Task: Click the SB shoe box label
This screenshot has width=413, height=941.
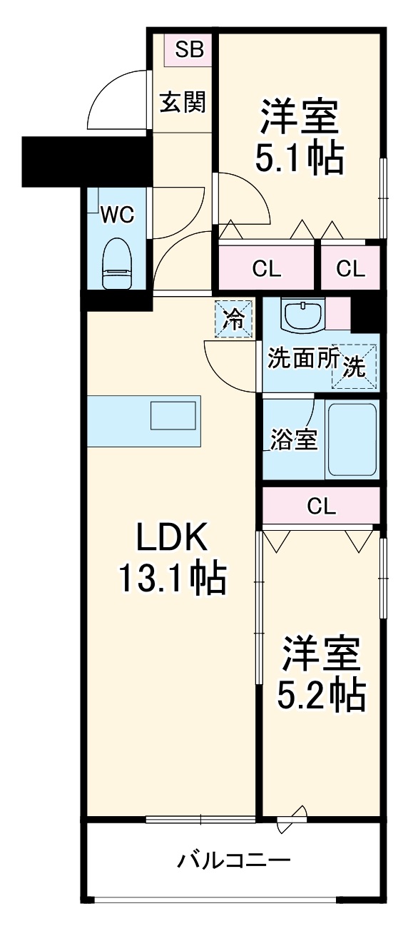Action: point(190,49)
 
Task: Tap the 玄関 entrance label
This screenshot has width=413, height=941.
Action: point(183,103)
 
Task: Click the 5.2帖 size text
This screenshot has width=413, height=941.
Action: point(321,693)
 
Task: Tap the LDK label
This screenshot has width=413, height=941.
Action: point(171,539)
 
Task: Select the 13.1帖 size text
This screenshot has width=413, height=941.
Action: point(171,579)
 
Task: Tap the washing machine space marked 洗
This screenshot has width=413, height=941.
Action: point(355,366)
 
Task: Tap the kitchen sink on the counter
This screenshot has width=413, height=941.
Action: point(173,416)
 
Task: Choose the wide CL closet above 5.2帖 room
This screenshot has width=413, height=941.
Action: point(321,506)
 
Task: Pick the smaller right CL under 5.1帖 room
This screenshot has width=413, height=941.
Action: point(350,268)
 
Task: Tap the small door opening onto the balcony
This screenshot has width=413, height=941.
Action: point(293,818)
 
